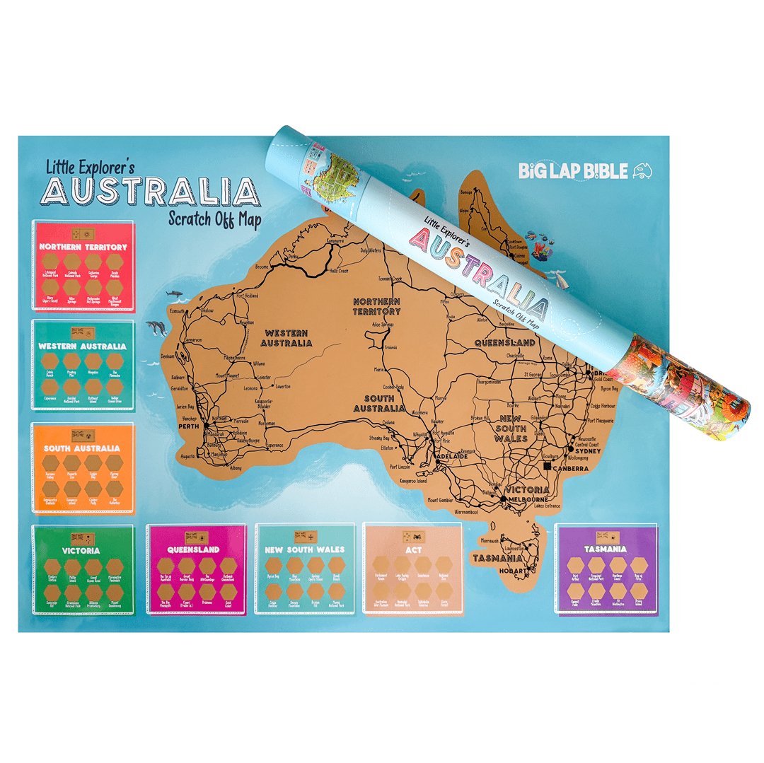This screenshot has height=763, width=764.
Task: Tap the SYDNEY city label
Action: pyautogui.click(x=588, y=450)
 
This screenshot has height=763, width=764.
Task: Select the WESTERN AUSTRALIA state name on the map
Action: pyautogui.click(x=286, y=338)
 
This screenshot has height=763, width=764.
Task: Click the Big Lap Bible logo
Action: pyautogui.click(x=584, y=170)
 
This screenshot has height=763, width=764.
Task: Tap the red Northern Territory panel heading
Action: pyautogui.click(x=83, y=247)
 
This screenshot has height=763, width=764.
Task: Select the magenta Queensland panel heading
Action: pyautogui.click(x=194, y=549)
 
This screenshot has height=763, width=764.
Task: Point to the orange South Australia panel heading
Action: pyautogui.click(x=82, y=448)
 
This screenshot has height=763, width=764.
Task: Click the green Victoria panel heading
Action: pyautogui.click(x=81, y=549)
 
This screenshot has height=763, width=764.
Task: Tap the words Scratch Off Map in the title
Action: pyautogui.click(x=214, y=219)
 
